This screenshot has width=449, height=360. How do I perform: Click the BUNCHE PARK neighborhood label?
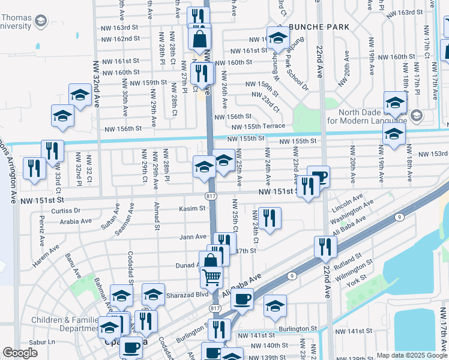tap(318, 27)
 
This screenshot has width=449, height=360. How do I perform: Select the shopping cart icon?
tap(211, 278)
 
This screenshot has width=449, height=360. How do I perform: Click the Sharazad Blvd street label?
tap(189, 295)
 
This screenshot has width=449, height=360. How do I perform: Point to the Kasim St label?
tap(192, 209)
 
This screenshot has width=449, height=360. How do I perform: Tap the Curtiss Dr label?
tap(65, 211)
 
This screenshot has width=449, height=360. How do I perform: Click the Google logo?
tap(20, 353)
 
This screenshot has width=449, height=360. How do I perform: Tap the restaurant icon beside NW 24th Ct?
tap(270, 218)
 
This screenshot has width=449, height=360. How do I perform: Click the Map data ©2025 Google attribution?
tap(411, 355)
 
